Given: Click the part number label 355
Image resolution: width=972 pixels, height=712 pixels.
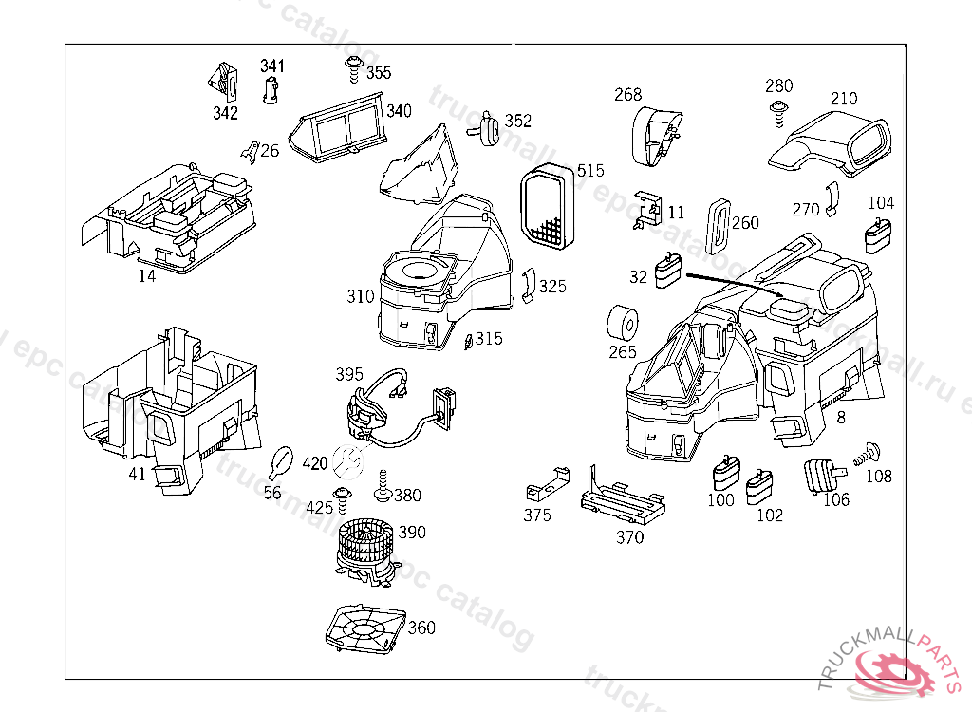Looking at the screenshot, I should pyautogui.click(x=378, y=72).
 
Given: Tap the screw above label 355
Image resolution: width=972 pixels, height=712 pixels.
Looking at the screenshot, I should pyautogui.click(x=353, y=66).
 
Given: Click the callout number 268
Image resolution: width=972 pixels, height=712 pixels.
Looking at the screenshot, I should pyautogui.click(x=627, y=94).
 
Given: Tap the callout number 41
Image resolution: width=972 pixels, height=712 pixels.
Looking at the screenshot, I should pyautogui.click(x=138, y=474).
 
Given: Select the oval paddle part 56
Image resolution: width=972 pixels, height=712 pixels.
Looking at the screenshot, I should pyautogui.click(x=280, y=461).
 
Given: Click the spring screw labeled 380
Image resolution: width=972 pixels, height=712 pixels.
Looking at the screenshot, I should pyautogui.click(x=383, y=486).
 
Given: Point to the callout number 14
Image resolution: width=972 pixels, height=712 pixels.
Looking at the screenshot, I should pyautogui.click(x=146, y=276).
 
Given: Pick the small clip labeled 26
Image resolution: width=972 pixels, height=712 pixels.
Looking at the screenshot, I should pyautogui.click(x=249, y=149).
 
